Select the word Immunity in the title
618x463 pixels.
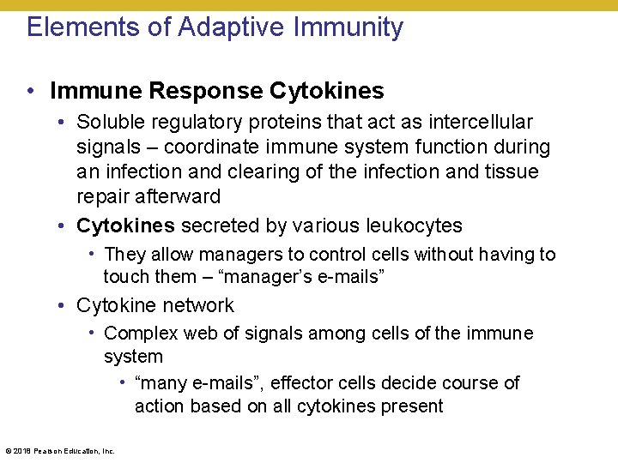coord(348,27)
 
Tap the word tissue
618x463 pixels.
coord(511,171)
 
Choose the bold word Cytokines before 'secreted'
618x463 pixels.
coord(125,226)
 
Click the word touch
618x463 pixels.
coord(125,276)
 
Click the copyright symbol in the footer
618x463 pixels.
coord(8,450)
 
